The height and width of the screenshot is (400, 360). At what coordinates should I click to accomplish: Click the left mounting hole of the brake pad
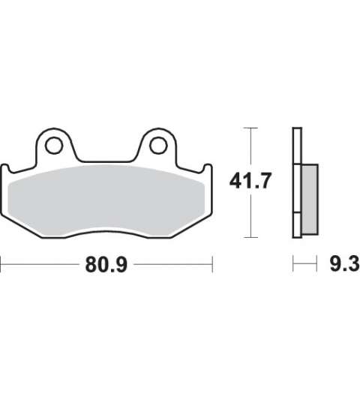click(x=54, y=146)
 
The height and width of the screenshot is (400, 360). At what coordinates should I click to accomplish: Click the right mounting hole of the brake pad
click(x=158, y=146)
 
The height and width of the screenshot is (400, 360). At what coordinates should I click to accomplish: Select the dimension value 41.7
click(x=250, y=181)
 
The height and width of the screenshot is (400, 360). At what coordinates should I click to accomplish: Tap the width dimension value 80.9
click(x=106, y=265)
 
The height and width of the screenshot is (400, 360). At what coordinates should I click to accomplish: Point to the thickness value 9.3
click(x=345, y=263)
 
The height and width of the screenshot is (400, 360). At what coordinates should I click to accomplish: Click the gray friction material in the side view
click(x=310, y=199)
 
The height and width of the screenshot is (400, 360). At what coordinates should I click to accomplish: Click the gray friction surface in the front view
click(x=106, y=200)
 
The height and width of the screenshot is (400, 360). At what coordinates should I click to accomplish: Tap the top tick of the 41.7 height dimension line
click(x=251, y=128)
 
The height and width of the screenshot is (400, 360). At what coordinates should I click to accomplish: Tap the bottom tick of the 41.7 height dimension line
click(x=251, y=237)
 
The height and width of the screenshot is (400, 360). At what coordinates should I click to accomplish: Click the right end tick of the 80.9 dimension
click(x=212, y=265)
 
